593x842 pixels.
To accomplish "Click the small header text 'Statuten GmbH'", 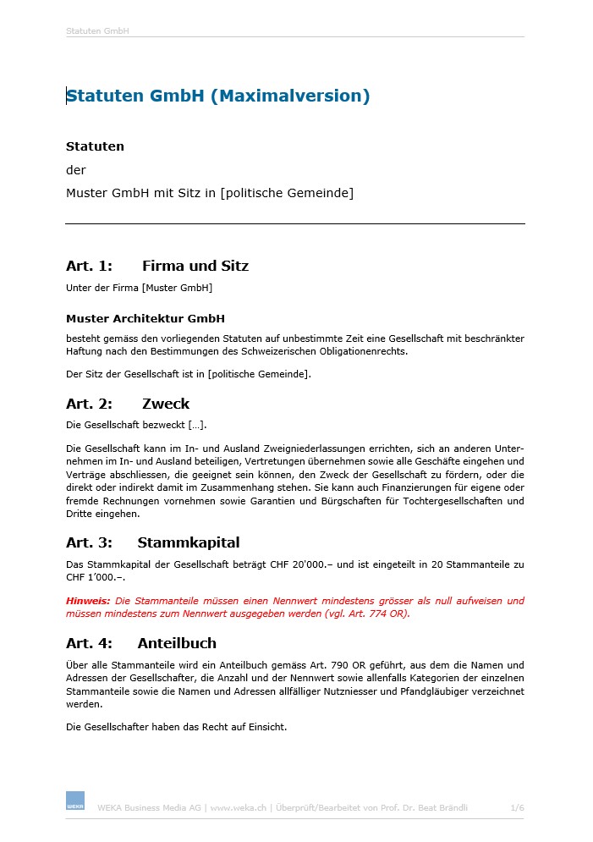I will click(97, 31).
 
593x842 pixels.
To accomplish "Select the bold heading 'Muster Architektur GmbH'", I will click(146, 319).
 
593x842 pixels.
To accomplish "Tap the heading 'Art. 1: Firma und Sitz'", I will click(157, 266).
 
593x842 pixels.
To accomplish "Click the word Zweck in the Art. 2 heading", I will click(166, 404).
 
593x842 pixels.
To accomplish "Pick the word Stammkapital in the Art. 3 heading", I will click(189, 542).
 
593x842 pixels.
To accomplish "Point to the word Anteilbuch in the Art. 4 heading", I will click(177, 643).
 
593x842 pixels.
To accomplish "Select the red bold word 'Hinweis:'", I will click(88, 601).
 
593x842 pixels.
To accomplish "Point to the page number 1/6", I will click(517, 808).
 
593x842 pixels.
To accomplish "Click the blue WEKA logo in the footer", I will click(75, 801).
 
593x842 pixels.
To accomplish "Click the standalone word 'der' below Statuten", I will click(76, 170).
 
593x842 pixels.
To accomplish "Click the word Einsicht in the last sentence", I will click(266, 725).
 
